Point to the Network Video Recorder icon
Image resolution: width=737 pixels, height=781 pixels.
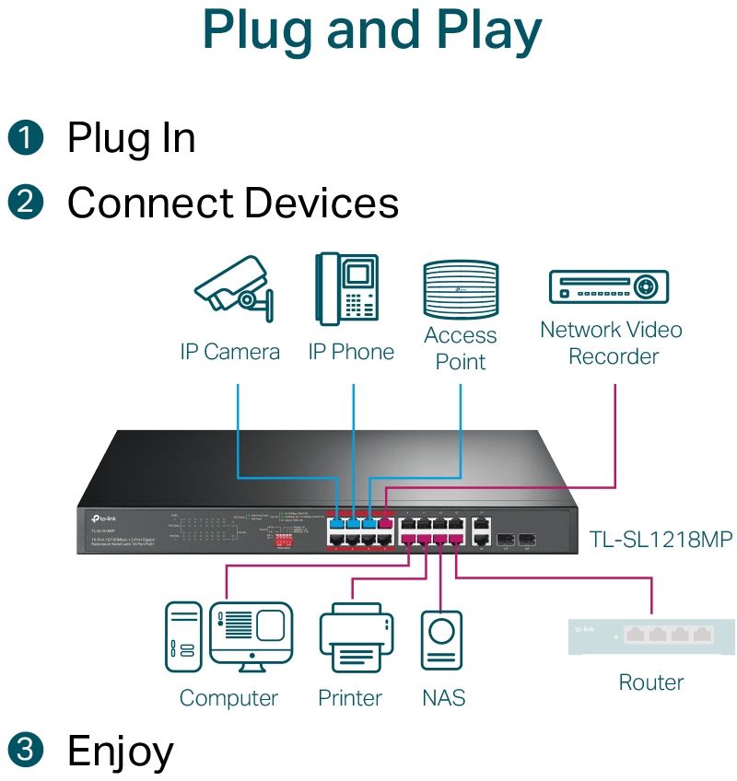point(608,286)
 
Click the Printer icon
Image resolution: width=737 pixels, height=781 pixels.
point(349,637)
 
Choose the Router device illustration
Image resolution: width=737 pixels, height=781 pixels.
point(651,635)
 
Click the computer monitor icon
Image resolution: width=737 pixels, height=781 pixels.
point(251,634)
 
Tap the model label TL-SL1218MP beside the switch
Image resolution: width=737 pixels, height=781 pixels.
point(661,540)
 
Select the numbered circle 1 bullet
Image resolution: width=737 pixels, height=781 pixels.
point(26,138)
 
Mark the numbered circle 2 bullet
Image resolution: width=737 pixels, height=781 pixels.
point(26,203)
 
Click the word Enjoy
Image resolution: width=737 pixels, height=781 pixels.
point(120,752)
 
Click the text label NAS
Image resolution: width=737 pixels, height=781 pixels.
point(443,698)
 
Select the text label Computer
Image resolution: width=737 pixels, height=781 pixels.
point(228,698)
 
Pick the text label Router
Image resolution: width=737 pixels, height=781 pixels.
point(651,682)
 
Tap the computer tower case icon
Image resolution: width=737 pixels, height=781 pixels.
point(182,635)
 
